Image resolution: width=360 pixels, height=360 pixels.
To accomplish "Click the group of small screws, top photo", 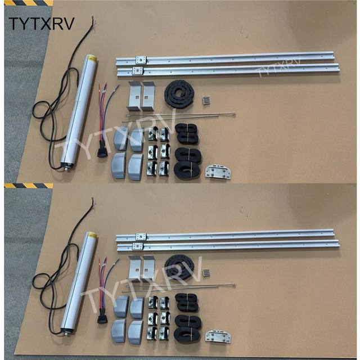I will (x=206, y=100).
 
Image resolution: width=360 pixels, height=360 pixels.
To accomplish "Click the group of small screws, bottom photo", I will (x=206, y=273).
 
